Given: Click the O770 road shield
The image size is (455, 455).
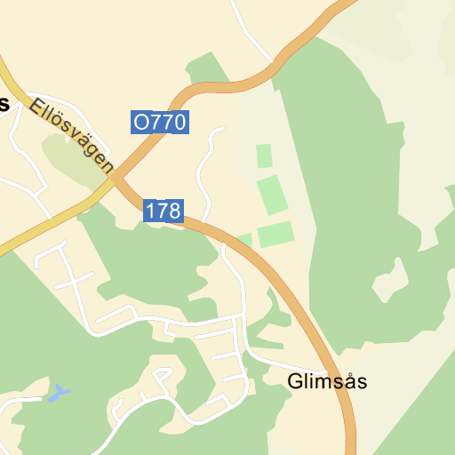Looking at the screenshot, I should pyautogui.click(x=160, y=122).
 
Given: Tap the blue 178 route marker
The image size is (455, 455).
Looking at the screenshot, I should pyautogui.click(x=163, y=211).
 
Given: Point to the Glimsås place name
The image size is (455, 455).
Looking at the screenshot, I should pyautogui.click(x=327, y=382).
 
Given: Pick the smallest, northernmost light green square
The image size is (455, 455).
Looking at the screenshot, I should pyautogui.click(x=264, y=156).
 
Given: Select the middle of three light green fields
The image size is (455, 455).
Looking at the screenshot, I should pyautogui.click(x=273, y=194).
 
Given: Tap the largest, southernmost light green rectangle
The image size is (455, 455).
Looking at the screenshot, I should pyautogui.click(x=275, y=235).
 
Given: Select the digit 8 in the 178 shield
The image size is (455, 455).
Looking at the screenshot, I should pyautogui.click(x=174, y=211).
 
